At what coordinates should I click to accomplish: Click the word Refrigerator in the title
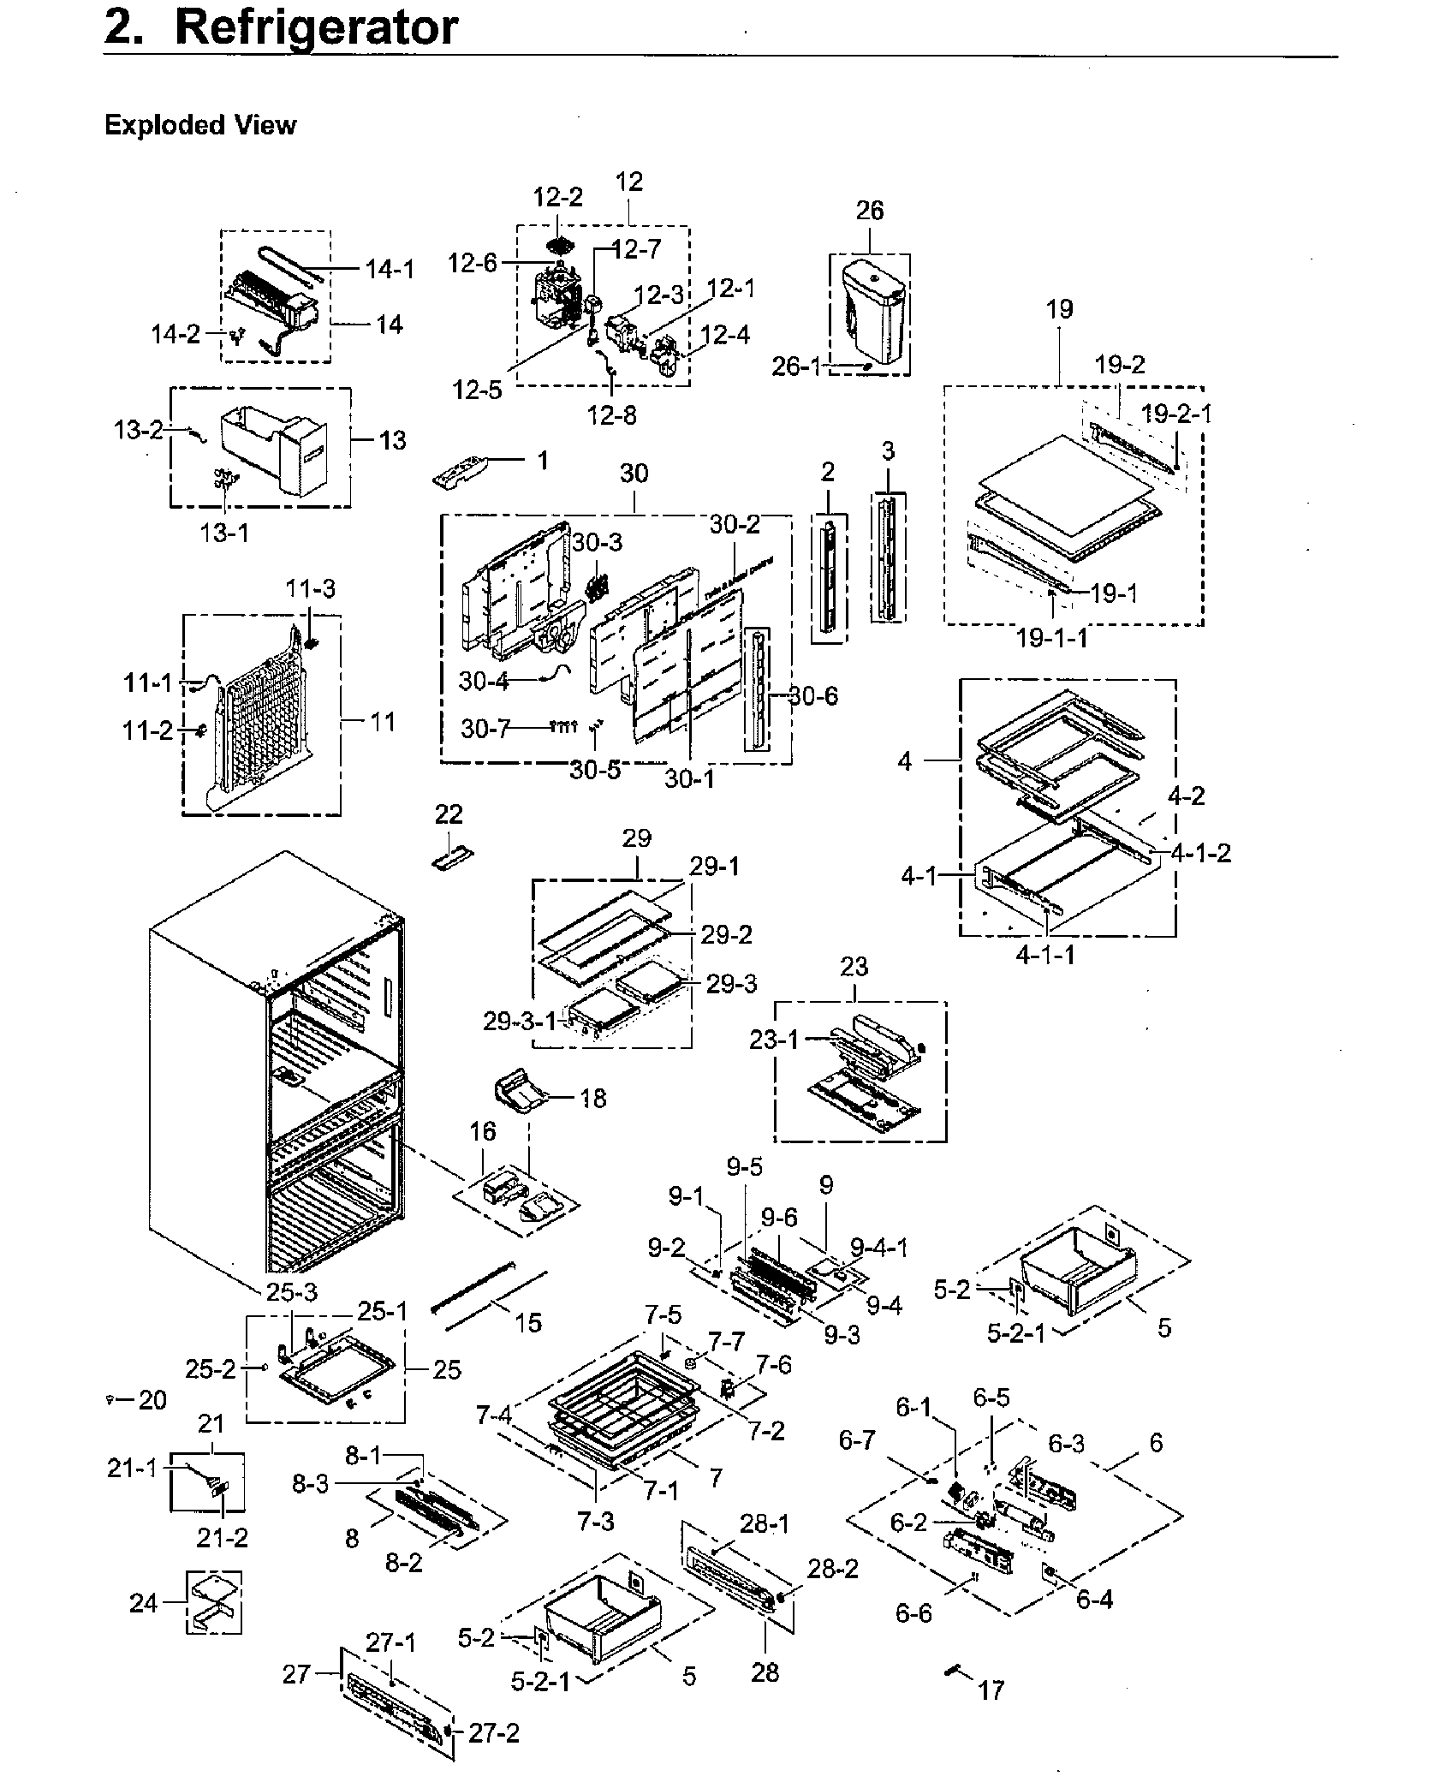316,27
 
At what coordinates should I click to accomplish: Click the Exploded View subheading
199,125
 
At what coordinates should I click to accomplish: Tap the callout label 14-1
390,269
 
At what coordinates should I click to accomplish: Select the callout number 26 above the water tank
869,211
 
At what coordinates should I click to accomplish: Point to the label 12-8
611,415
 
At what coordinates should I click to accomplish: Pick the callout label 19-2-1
1176,414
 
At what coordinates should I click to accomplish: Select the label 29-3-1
520,1021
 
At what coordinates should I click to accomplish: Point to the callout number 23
854,967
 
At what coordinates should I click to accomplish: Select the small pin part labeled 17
952,1670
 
